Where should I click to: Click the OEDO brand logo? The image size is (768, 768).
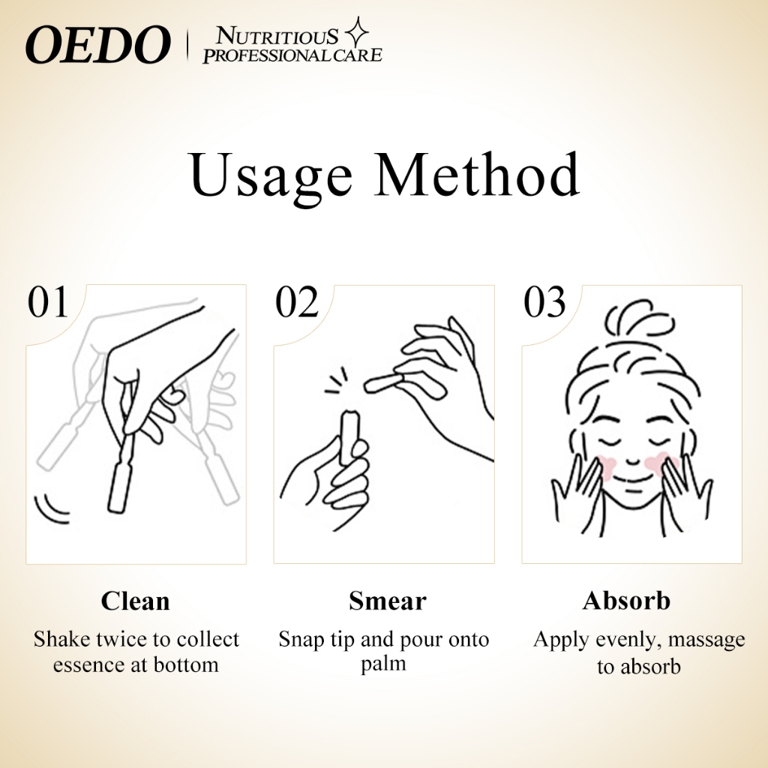(97, 44)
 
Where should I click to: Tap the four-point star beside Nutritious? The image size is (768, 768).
(357, 32)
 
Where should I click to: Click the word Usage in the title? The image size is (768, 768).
(271, 175)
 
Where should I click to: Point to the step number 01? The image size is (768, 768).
(47, 302)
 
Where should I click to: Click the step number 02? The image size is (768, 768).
(297, 302)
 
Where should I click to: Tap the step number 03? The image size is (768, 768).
(544, 302)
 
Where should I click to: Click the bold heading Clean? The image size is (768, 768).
(135, 601)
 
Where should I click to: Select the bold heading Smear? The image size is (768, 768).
(388, 601)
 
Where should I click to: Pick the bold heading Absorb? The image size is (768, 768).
(626, 601)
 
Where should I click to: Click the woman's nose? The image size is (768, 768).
(632, 460)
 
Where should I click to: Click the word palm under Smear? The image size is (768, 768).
(383, 665)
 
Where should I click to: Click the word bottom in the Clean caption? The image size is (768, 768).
(186, 665)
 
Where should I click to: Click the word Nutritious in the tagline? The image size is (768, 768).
(277, 37)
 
